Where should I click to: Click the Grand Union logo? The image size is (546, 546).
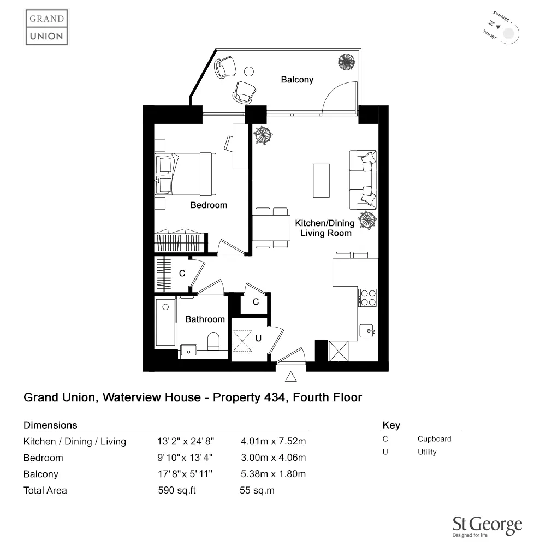pos(46,27)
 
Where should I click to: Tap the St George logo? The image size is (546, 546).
pos(487,526)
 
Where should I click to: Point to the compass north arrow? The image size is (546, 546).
pos(498,27)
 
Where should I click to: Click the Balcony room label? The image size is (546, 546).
pos(297,80)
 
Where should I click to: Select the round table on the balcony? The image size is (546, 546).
pos(248,72)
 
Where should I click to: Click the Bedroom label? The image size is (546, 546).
pos(209,205)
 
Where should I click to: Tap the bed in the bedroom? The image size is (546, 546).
pos(185,174)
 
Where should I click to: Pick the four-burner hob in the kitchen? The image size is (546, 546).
pos(367,298)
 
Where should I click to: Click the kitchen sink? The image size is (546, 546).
pos(367,330)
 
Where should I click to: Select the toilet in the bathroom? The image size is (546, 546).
pos(213,341)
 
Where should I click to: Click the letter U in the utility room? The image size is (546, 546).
pos(258,338)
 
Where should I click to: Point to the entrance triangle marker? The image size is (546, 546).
pos(291,377)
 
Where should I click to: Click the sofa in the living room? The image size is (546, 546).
pos(363,180)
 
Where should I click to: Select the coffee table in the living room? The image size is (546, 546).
pos(321,181)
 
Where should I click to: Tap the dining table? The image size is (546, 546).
pos(271,228)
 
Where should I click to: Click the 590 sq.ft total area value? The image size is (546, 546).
pos(177,490)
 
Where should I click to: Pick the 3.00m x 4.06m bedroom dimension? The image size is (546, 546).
pos(274,458)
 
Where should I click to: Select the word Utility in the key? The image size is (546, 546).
pos(427,452)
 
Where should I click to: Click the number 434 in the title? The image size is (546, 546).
pos(275,397)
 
